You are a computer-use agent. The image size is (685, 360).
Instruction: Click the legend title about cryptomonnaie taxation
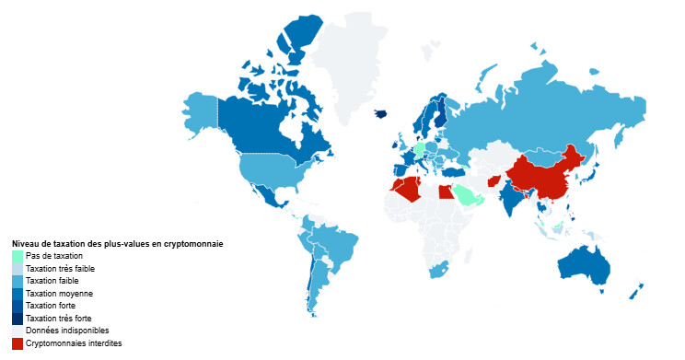118,243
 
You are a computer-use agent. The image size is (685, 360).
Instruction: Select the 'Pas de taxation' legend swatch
17,255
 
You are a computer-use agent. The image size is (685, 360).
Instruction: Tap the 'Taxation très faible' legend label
61,268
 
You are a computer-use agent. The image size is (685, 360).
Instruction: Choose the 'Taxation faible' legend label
52,280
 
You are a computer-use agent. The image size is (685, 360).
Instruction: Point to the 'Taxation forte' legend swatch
17,305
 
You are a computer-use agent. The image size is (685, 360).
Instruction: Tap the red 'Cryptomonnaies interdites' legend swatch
17,343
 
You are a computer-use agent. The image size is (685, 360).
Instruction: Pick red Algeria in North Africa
406,188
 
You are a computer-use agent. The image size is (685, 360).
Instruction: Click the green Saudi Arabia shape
466,194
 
